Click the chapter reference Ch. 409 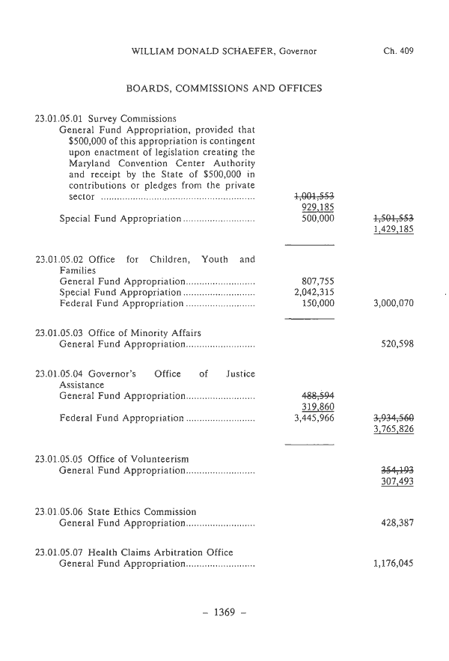coord(397,51)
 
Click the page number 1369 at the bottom coord(224,614)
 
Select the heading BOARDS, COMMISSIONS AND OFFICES coord(224,88)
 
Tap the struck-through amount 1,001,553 coord(314,196)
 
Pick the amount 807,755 coord(317,280)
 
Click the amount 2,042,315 coord(314,292)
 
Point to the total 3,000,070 coord(393,303)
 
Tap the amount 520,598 coord(397,344)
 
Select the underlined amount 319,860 coord(317,407)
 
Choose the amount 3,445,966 coord(314,418)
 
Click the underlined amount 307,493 coord(397,481)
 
